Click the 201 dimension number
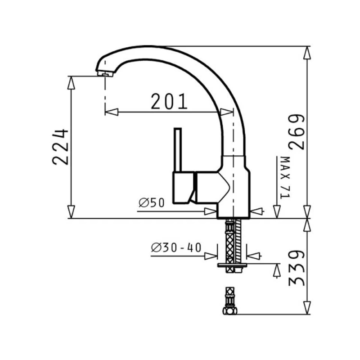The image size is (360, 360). click(169, 101)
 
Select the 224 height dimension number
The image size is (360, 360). click(60, 147)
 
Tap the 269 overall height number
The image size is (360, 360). click(297, 132)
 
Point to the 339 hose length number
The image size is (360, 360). click(297, 268)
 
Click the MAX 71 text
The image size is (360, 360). click(285, 177)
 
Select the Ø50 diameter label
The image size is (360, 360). click(152, 203)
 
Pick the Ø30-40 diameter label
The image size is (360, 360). click(176, 247)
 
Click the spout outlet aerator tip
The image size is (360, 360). click(105, 74)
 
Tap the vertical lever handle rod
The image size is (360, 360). click(178, 150)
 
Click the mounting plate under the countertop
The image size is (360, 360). click(232, 265)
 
